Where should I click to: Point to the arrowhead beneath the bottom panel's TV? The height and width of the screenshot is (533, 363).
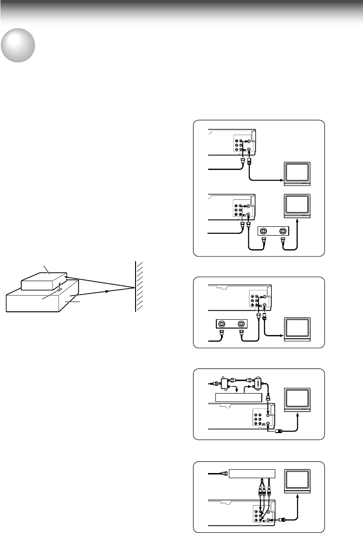[298, 497]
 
